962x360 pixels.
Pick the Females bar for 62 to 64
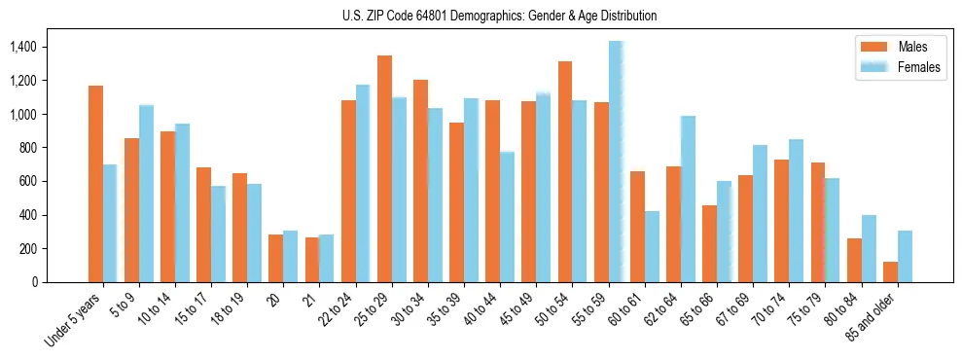(x=688, y=199)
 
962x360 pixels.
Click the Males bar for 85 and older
(x=890, y=271)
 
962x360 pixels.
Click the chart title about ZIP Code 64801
(x=499, y=16)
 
